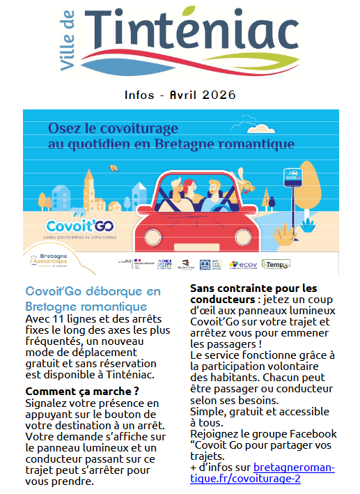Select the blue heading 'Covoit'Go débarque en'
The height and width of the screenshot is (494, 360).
coord(93,291)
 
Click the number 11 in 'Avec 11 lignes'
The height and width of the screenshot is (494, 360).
coord(59,320)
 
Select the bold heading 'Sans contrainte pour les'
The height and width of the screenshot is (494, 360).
coord(253,287)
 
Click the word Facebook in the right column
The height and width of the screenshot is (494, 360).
coord(313,433)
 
